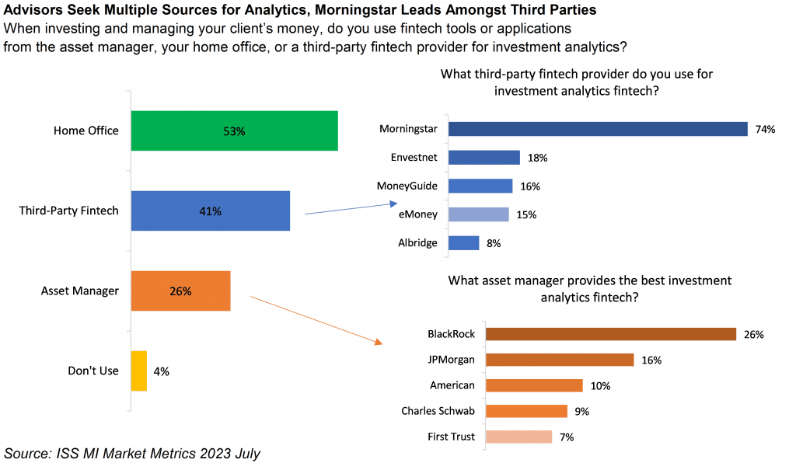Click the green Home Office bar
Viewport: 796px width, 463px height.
tap(234, 131)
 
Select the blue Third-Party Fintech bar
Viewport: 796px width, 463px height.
tap(210, 211)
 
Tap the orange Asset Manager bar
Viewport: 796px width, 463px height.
tap(180, 291)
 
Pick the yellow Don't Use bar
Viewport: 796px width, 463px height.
tap(138, 371)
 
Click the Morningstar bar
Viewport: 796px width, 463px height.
tap(597, 129)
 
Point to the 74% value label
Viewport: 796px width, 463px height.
tap(765, 130)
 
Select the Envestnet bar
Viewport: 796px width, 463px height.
tap(484, 158)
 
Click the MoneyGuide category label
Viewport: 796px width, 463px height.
tap(407, 186)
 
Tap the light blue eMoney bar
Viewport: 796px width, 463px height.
tap(478, 214)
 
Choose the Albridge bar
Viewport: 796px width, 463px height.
tap(463, 243)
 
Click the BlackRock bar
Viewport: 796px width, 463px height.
tap(610, 334)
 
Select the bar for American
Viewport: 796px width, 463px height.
tap(533, 385)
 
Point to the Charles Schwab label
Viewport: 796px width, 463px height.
tap(438, 411)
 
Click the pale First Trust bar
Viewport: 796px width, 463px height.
tap(518, 437)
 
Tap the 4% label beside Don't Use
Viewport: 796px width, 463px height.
tap(161, 371)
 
